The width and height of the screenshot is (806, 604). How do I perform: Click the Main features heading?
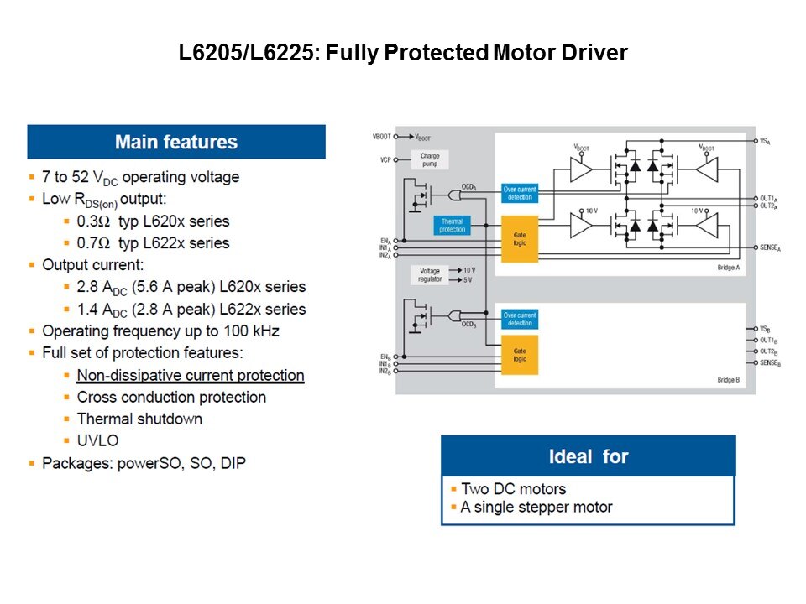pos(176,142)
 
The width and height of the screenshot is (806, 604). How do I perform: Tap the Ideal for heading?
pos(589,456)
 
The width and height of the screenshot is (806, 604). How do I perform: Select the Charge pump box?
pos(430,159)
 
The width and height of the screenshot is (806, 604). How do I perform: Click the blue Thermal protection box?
pos(452,225)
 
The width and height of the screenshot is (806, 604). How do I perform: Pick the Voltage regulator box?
pos(429,274)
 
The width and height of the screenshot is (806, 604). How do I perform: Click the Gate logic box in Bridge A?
pos(520,239)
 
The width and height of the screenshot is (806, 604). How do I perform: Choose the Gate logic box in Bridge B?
pos(520,355)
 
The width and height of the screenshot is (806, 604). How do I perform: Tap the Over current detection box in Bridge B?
pos(520,319)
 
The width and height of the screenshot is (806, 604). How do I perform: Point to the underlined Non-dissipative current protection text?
pos(191,375)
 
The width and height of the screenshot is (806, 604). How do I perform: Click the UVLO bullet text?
pos(98,440)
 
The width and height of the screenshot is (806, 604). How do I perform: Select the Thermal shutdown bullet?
pos(139,419)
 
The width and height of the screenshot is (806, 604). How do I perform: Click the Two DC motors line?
pos(513,489)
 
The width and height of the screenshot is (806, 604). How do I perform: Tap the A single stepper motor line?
pos(536,508)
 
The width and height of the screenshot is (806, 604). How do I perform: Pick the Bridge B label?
pos(728,381)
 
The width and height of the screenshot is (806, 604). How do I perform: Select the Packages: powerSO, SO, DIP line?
pos(144,462)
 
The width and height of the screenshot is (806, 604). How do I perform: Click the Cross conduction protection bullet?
pos(171,397)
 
